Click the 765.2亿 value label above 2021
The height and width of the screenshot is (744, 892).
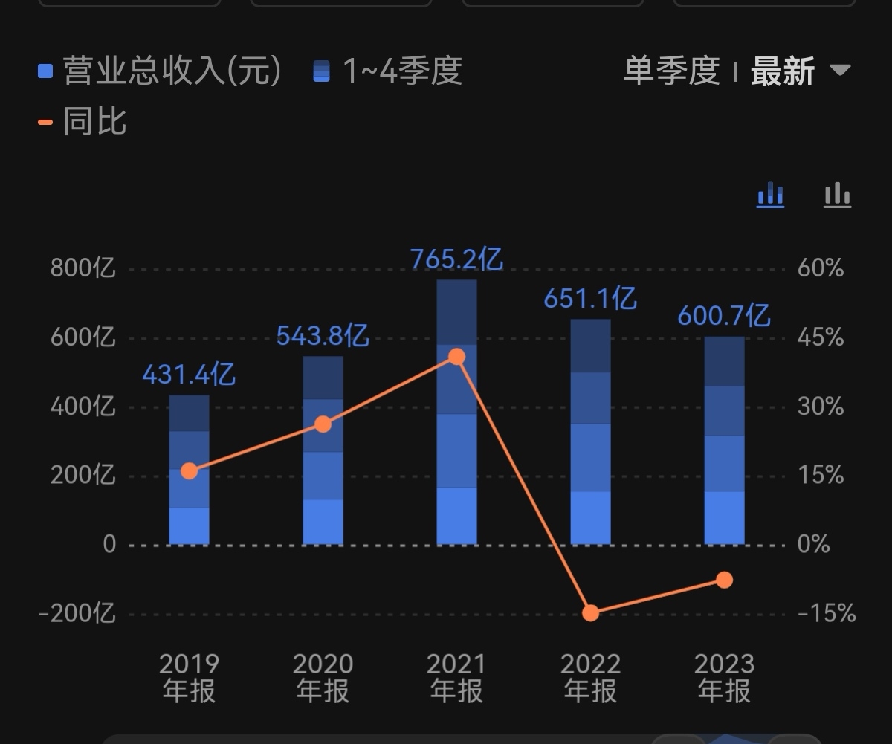pyautogui.click(x=456, y=259)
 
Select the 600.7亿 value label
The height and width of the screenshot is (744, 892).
pyautogui.click(x=723, y=317)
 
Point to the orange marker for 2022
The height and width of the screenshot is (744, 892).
pyautogui.click(x=591, y=613)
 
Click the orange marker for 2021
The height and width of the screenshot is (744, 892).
pyautogui.click(x=457, y=357)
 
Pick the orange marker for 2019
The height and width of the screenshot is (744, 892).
pyautogui.click(x=190, y=470)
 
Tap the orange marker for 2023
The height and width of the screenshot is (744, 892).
pyautogui.click(x=725, y=580)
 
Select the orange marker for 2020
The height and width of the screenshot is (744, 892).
pyautogui.click(x=323, y=424)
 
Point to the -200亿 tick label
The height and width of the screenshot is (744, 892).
pyautogui.click(x=77, y=614)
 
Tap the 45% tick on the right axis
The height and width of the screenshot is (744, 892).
pyautogui.click(x=821, y=338)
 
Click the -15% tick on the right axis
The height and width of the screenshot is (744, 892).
pyautogui.click(x=826, y=614)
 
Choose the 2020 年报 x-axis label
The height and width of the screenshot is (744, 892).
pyautogui.click(x=323, y=677)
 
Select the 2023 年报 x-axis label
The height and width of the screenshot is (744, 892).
pyautogui.click(x=725, y=677)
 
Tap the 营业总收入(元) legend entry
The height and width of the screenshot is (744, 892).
pyautogui.click(x=160, y=71)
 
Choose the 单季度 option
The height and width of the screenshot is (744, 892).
pyautogui.click(x=671, y=71)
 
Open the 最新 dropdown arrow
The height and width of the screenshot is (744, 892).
pyautogui.click(x=840, y=71)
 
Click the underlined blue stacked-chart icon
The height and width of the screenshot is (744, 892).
pyautogui.click(x=771, y=195)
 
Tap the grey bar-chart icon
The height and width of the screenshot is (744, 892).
pyautogui.click(x=837, y=195)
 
